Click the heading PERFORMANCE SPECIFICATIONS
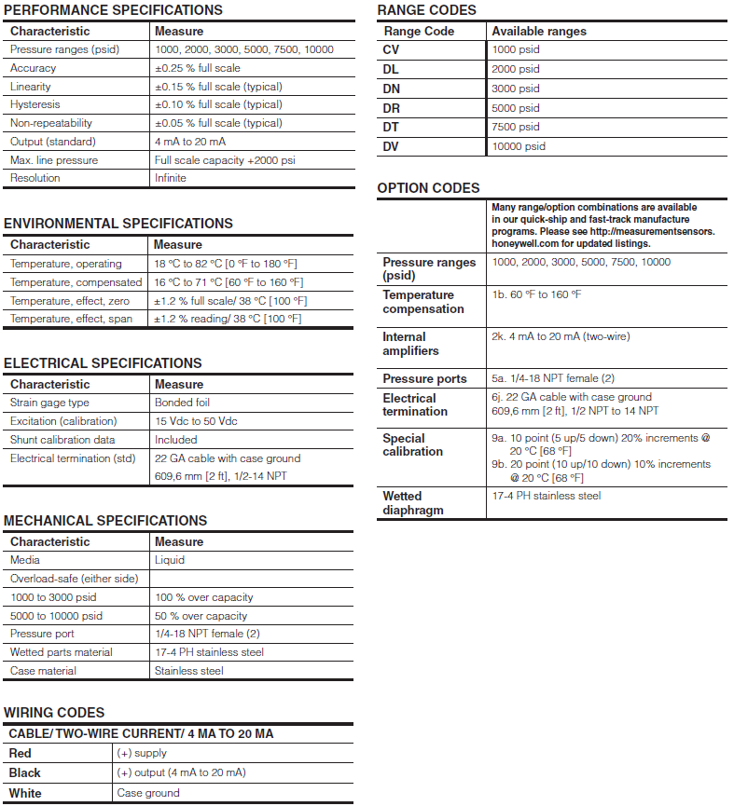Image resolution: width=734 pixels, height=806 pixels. tap(113, 10)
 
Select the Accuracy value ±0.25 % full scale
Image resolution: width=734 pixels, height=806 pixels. tap(197, 68)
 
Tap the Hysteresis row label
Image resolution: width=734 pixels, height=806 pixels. tap(35, 104)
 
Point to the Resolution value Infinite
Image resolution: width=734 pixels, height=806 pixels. tap(171, 178)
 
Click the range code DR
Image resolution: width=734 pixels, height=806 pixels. tap(391, 108)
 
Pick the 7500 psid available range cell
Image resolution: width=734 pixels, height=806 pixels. tap(516, 127)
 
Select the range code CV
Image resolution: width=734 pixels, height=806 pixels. tap(392, 49)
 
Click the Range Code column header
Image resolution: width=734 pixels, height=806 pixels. tap(419, 31)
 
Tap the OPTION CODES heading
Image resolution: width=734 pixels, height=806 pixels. tap(428, 188)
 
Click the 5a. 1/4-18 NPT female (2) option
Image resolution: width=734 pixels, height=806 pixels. tap(553, 378)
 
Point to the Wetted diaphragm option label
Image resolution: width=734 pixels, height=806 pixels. tap(413, 503)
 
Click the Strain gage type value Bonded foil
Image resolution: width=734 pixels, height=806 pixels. tap(182, 403)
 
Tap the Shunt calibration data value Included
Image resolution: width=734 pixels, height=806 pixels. tap(175, 440)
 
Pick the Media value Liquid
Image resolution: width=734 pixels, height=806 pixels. tap(170, 560)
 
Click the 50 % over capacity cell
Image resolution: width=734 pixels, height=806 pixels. tap(201, 616)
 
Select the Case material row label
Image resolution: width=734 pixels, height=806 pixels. tap(43, 671)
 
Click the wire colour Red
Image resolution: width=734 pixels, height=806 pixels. tap(20, 753)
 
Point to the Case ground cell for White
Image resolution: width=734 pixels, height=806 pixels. tap(147, 793)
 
